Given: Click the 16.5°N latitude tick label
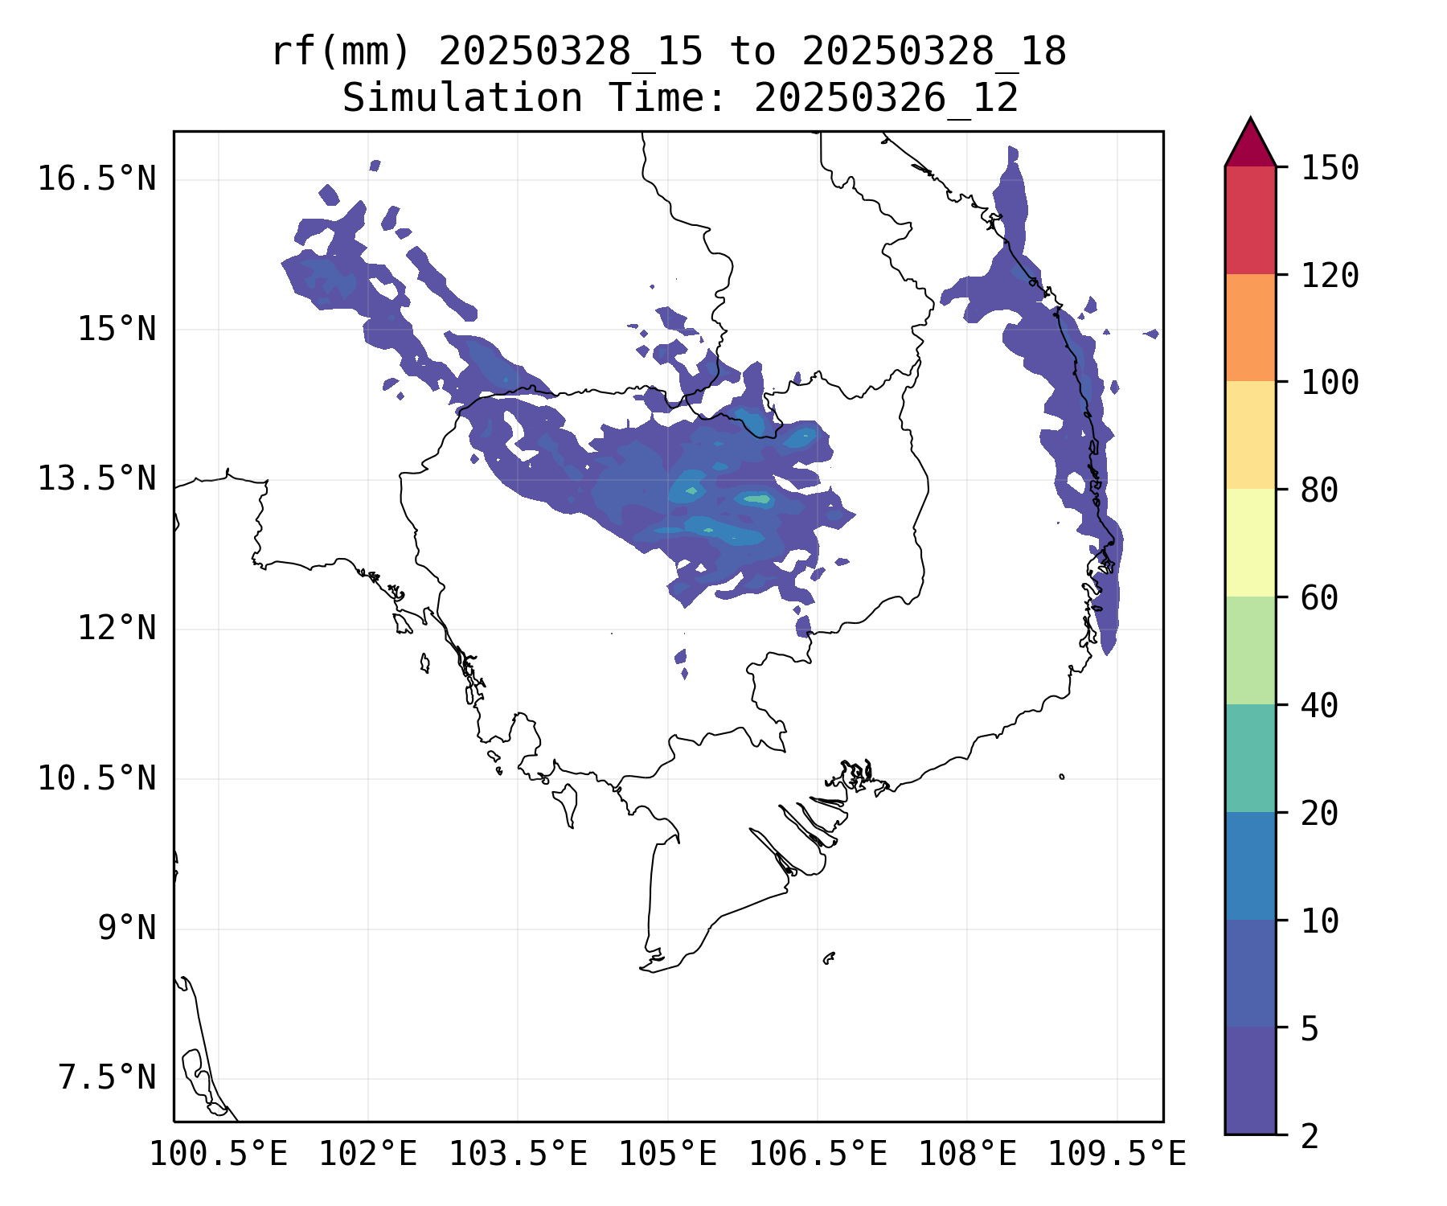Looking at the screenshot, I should (96, 178).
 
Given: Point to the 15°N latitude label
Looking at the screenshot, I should (117, 329).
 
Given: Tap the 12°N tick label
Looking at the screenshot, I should (117, 628).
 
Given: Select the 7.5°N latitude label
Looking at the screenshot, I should (107, 1078).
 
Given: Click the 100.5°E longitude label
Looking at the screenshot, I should (219, 1154).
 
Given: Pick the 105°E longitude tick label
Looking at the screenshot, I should (667, 1154).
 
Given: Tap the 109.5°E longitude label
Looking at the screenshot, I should (1117, 1154).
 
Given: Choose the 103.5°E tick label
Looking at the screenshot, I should (518, 1154).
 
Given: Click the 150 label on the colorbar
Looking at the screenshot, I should (1330, 168).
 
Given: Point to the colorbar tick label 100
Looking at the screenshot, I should (1330, 383).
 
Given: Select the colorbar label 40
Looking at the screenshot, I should (1319, 706).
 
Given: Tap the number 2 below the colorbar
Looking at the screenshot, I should (1310, 1136).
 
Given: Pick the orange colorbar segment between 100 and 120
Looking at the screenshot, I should (1250, 327).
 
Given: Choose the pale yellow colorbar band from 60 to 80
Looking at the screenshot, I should (1250, 543).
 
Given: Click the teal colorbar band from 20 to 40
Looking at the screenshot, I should (1250, 758).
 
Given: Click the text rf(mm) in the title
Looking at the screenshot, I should (341, 52).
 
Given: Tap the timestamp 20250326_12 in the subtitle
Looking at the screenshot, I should (886, 99).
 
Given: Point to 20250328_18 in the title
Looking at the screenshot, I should (934, 52).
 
